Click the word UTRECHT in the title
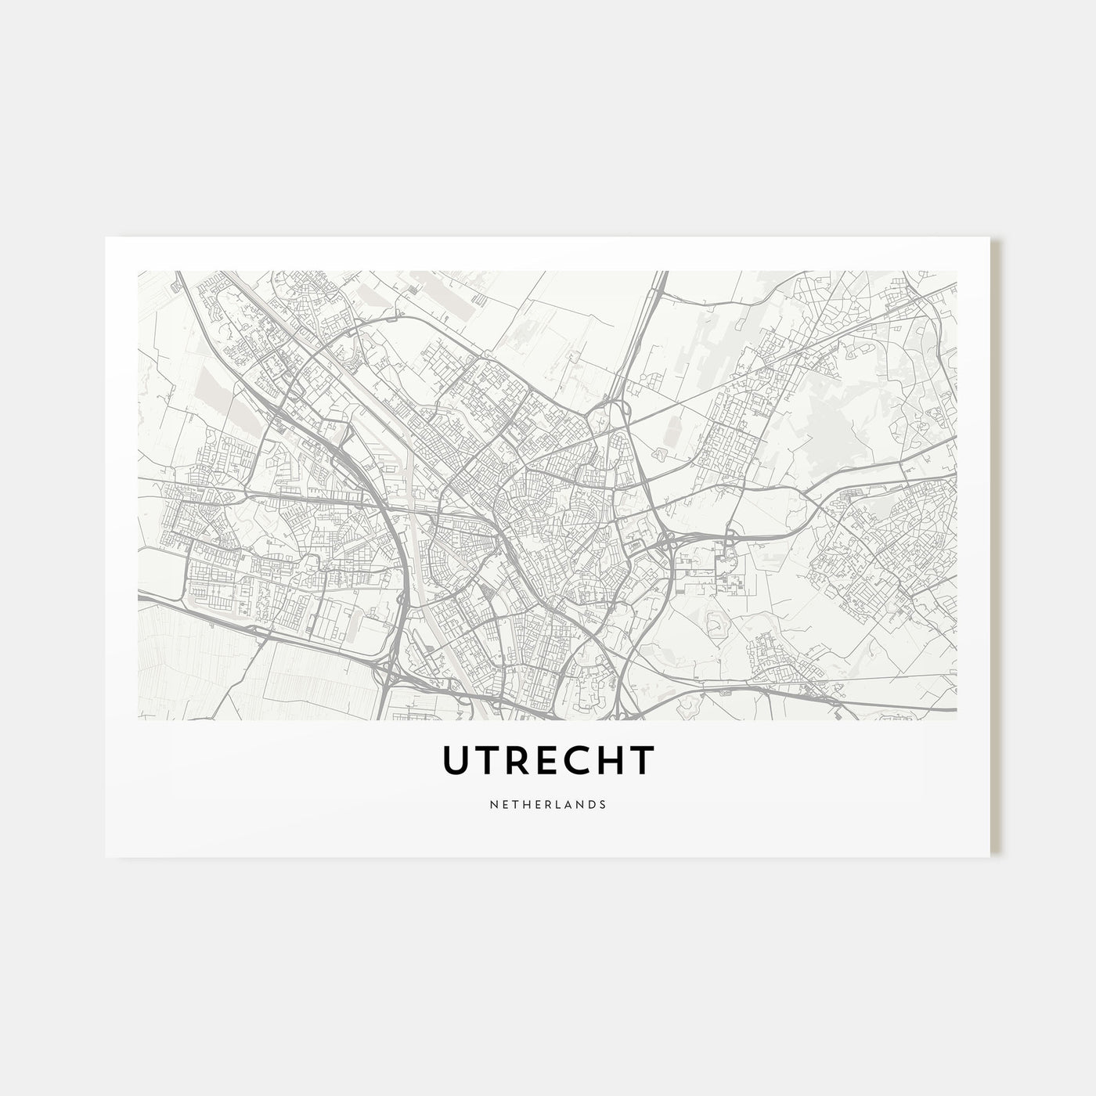pos(547,759)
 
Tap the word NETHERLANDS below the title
pos(548,804)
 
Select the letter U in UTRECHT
pos(458,759)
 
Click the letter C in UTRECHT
pos(579,759)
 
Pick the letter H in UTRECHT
pos(610,759)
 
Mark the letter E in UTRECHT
pos(549,759)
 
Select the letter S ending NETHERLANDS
pos(602,804)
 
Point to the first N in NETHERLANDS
pos(494,804)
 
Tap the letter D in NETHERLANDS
pos(591,804)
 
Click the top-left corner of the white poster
pos(106,237)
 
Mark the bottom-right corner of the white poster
pos(990,856)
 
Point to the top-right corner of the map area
pos(956,272)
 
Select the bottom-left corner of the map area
pos(139,719)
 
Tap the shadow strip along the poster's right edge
pos(995,548)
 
